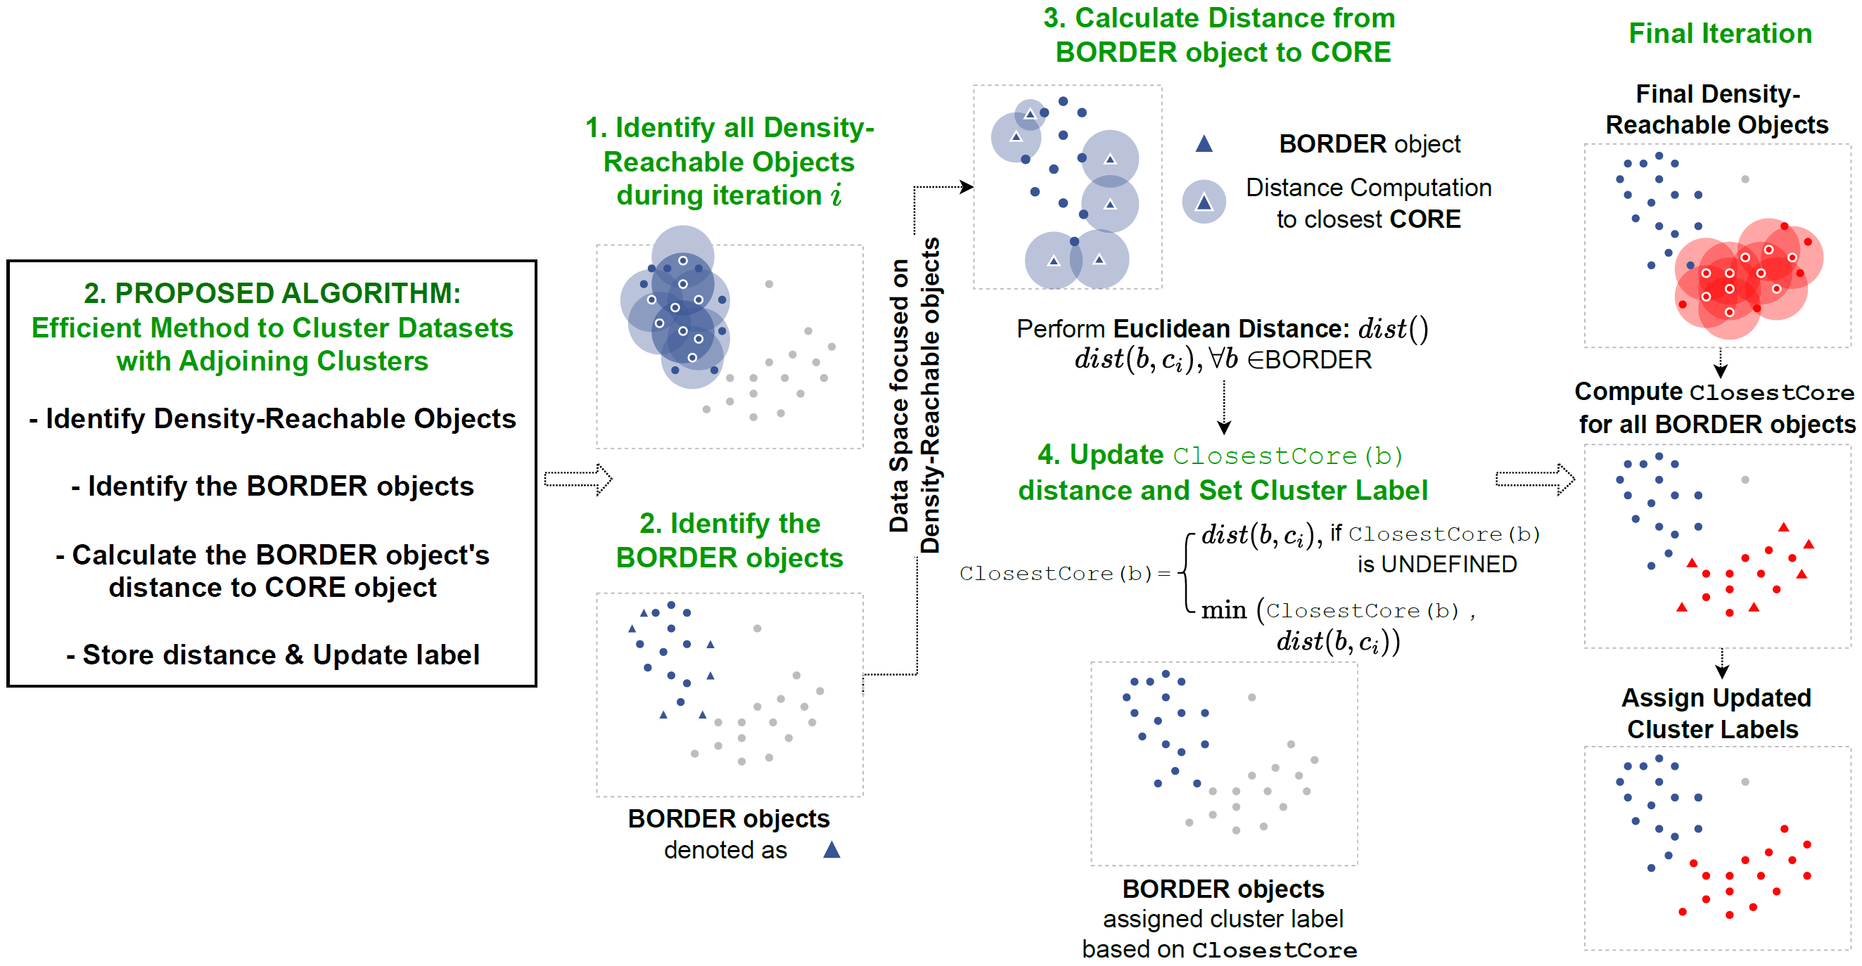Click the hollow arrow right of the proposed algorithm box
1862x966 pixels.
click(x=578, y=479)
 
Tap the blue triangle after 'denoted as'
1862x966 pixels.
click(x=831, y=850)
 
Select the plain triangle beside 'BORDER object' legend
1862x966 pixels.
click(x=1204, y=144)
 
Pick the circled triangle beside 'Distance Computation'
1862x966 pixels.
click(x=1204, y=202)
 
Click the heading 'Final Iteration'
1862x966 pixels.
click(x=1720, y=33)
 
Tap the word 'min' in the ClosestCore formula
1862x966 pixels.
click(x=1223, y=611)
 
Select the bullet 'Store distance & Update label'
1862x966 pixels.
click(x=272, y=655)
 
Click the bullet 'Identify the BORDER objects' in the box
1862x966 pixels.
click(x=272, y=487)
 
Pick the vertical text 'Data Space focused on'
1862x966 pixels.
click(x=898, y=395)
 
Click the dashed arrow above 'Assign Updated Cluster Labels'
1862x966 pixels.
click(x=1722, y=664)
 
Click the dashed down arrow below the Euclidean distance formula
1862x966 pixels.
click(x=1224, y=408)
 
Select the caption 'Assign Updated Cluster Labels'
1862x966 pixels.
click(x=1714, y=713)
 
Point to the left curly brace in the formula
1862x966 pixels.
click(x=1185, y=573)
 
